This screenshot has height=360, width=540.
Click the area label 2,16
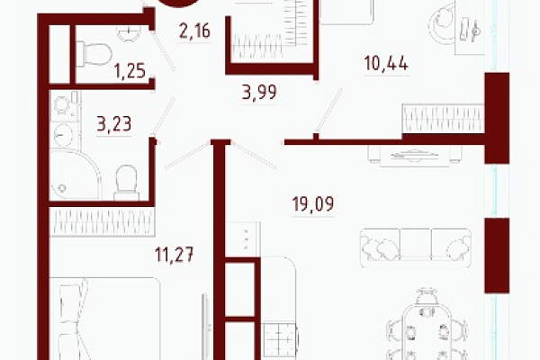(x=194, y=31)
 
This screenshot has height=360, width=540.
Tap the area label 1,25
(x=130, y=71)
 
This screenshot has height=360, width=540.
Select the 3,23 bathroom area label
(x=114, y=124)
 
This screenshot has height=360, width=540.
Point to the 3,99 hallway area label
(x=259, y=93)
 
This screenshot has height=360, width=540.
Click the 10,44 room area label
(x=386, y=63)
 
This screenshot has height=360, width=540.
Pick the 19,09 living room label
(x=312, y=204)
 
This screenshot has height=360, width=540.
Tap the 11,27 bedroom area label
(x=175, y=255)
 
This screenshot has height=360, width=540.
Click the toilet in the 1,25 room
(x=94, y=54)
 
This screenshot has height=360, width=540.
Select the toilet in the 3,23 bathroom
(x=126, y=183)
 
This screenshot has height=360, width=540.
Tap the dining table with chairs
(x=427, y=328)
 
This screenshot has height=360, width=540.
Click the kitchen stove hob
(x=280, y=340)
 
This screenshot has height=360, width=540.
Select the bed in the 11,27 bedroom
(x=105, y=319)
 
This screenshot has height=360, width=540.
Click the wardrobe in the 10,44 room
(x=443, y=119)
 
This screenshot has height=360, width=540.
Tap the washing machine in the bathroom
(x=64, y=135)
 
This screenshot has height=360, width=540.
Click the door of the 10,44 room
(x=329, y=111)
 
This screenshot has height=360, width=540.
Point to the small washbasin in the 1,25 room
(x=129, y=33)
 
